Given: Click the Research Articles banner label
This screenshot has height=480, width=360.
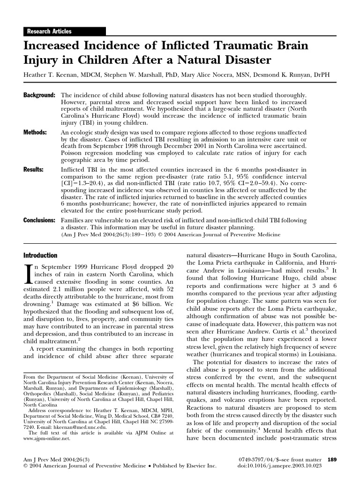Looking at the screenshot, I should coord(49,31).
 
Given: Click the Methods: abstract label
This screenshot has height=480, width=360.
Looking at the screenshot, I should coord(35,133).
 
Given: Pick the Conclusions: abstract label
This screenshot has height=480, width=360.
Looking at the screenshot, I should coord(41,220).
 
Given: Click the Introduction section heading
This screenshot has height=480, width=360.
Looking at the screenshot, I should coord(40,255).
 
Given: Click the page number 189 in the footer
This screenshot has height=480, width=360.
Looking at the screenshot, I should coord(331,459).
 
